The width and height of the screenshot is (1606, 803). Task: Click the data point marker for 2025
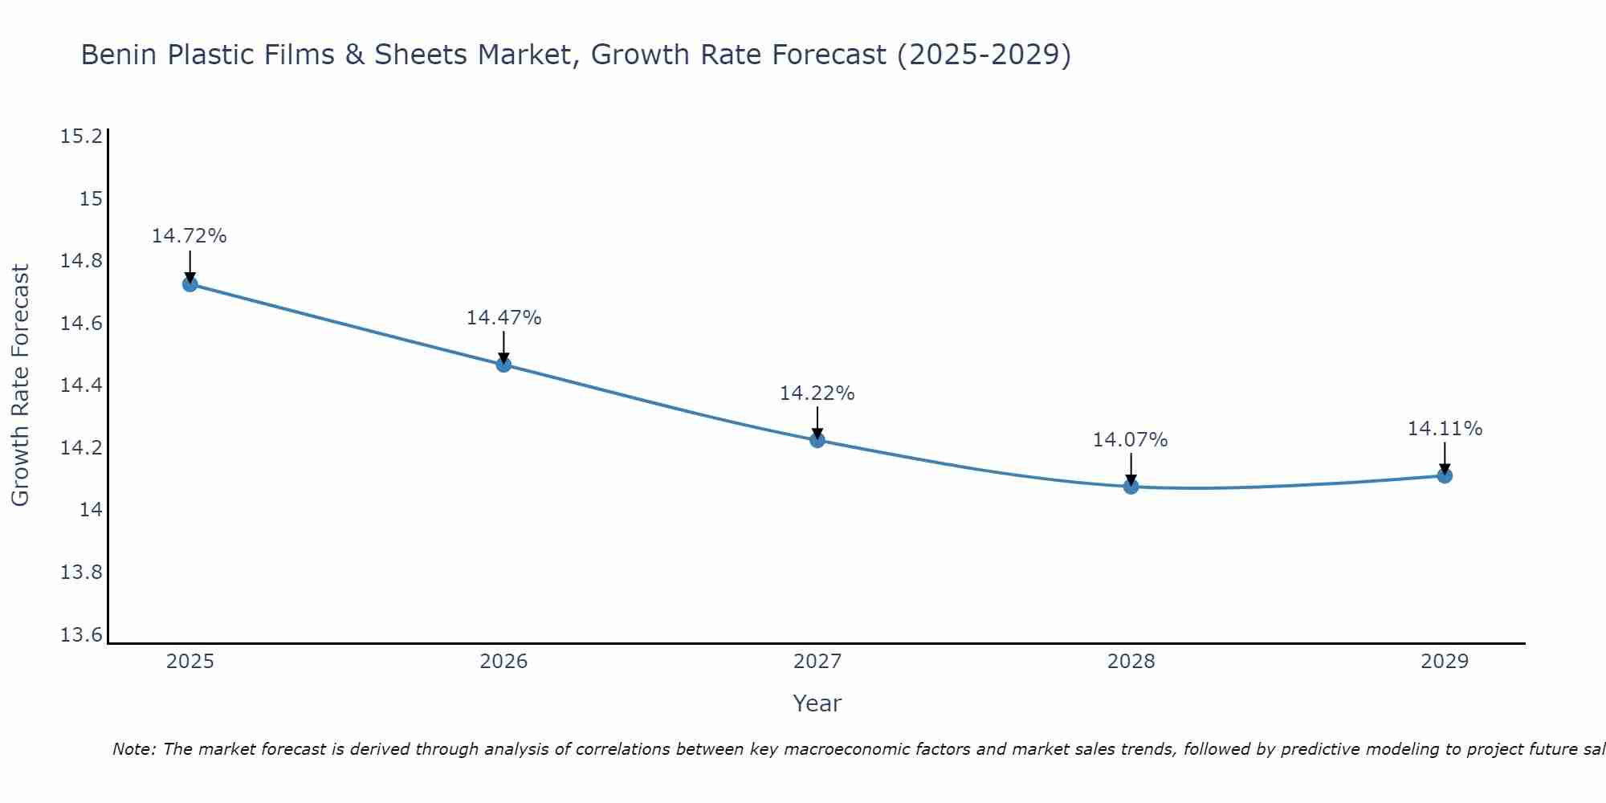pos(190,283)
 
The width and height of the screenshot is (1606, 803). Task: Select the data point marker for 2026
pos(503,365)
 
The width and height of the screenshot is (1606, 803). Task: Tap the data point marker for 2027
pos(817,440)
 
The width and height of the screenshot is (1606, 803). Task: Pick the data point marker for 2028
pos(1131,486)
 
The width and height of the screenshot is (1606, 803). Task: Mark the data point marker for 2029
pos(1445,475)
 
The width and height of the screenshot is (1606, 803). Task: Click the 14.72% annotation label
pos(190,236)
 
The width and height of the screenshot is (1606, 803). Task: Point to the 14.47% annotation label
pos(503,318)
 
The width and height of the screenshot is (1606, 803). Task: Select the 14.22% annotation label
pos(817,393)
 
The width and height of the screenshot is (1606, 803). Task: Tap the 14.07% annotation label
pos(1131,440)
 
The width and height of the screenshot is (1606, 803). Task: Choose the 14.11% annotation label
pos(1445,429)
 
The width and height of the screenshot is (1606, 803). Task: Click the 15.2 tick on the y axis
pos(82,137)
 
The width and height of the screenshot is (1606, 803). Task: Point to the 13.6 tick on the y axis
pos(82,635)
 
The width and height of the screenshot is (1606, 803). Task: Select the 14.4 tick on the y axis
pos(82,385)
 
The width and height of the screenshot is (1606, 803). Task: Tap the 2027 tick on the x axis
pos(817,662)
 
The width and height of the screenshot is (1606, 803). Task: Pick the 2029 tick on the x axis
pos(1445,662)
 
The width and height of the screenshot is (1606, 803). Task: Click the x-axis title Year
pos(817,703)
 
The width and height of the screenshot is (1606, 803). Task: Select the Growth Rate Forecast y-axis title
pos(20,385)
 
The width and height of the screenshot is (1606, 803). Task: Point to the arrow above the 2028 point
pos(1131,469)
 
